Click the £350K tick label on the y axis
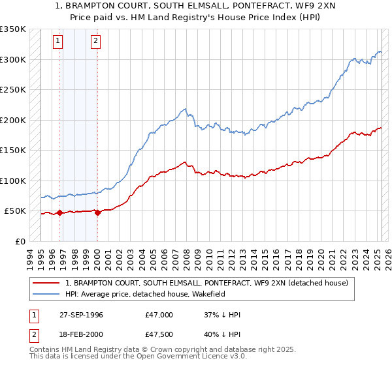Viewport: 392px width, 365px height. [x=13, y=29]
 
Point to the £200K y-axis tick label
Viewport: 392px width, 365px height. [x=13, y=120]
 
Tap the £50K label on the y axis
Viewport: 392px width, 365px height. [x=16, y=211]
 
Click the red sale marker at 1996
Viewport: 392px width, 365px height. [x=60, y=212]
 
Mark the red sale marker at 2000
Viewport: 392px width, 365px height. [x=97, y=212]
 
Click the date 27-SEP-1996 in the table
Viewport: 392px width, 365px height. [x=90, y=315]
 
